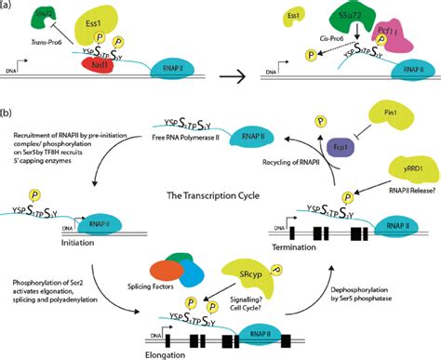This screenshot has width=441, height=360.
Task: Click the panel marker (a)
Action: click(8, 7)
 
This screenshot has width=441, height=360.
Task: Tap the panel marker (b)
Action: click(8, 115)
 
